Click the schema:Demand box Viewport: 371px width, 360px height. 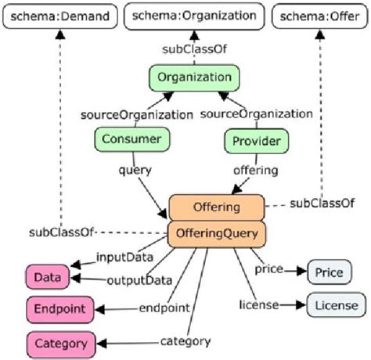pyautogui.click(x=57, y=16)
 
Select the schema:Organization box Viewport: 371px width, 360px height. pyautogui.click(x=190, y=16)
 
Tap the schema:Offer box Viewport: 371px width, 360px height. pyautogui.click(x=322, y=16)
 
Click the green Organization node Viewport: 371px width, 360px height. pyautogui.click(x=193, y=77)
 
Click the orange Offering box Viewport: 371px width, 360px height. pyautogui.click(x=216, y=208)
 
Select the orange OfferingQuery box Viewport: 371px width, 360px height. pyautogui.click(x=216, y=232)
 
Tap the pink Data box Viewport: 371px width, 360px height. pyautogui.click(x=45, y=277)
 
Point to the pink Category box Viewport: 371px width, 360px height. pyautogui.click(x=60, y=343)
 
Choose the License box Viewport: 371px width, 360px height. pyautogui.click(x=334, y=304)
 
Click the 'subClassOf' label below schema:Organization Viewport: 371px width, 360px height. pyautogui.click(x=192, y=48)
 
